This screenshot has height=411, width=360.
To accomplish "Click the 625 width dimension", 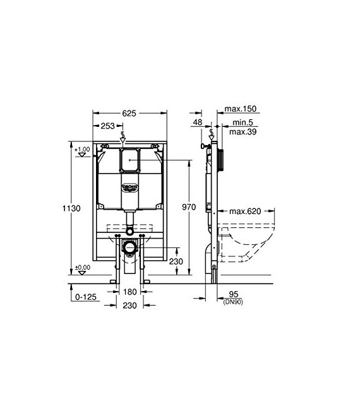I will [x=129, y=114].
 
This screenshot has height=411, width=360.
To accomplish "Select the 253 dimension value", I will [x=108, y=126].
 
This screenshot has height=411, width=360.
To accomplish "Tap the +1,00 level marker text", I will [x=82, y=150].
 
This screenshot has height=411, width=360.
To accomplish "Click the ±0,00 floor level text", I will [x=82, y=267].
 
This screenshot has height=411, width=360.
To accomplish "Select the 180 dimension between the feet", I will [x=129, y=292].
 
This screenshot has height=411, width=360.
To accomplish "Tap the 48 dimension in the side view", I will [x=198, y=122].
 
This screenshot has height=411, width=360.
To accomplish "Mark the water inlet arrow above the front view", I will [x=129, y=138].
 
